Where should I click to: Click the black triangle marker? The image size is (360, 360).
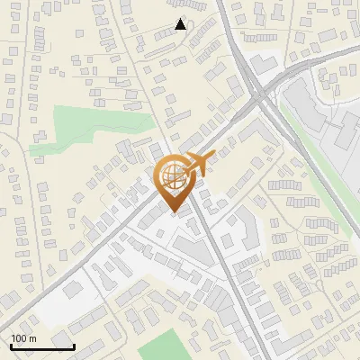[x=180, y=24]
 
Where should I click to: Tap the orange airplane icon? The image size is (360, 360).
[x=201, y=163]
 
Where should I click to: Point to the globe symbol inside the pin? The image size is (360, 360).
[x=173, y=174]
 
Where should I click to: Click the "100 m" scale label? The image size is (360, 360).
[x=23, y=338]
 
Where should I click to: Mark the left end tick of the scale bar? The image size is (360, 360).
[x=11, y=345]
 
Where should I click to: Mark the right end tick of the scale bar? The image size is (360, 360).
[x=75, y=345]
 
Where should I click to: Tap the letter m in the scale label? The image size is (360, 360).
[x=32, y=338]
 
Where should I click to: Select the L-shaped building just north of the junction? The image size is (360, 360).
[x=262, y=66]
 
